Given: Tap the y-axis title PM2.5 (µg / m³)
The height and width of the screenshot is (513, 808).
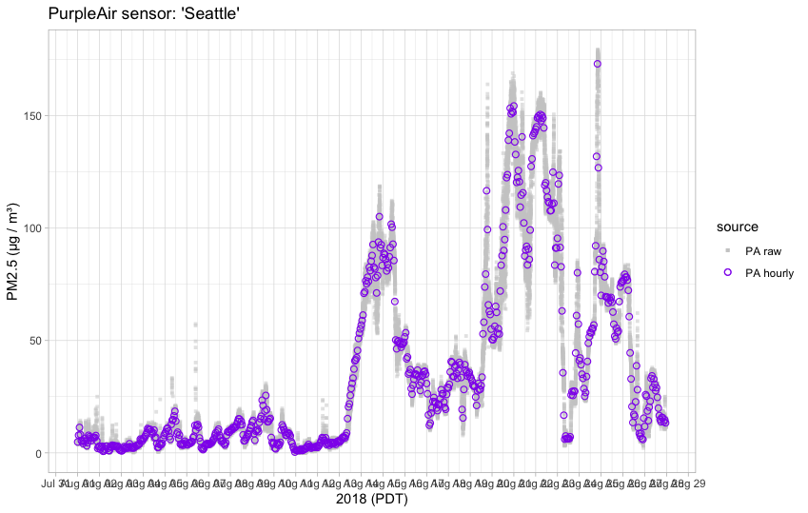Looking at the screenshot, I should pyautogui.click(x=13, y=251).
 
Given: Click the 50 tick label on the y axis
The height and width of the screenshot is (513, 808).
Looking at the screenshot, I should pyautogui.click(x=32, y=341).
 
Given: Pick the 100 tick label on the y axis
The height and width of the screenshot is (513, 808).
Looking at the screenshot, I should pyautogui.click(x=30, y=228).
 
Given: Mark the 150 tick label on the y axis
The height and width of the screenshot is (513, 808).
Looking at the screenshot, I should pyautogui.click(x=30, y=116).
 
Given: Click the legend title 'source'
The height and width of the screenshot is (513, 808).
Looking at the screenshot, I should pyautogui.click(x=738, y=227).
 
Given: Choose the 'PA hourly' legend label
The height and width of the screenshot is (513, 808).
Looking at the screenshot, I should pyautogui.click(x=769, y=272).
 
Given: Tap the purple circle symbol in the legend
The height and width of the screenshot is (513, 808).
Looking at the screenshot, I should pyautogui.click(x=728, y=272).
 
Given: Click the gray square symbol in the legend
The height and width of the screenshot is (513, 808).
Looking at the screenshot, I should pyautogui.click(x=728, y=250).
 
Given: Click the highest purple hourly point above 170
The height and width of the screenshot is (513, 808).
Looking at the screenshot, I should pyautogui.click(x=597, y=65).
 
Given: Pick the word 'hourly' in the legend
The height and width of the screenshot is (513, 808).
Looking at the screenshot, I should pyautogui.click(x=778, y=272).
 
